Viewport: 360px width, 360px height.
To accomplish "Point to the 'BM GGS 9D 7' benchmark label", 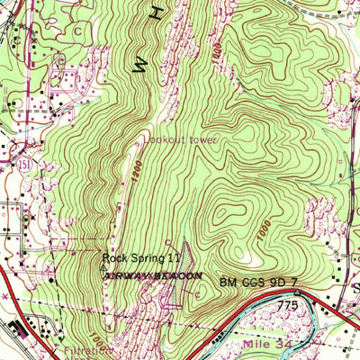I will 259,283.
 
